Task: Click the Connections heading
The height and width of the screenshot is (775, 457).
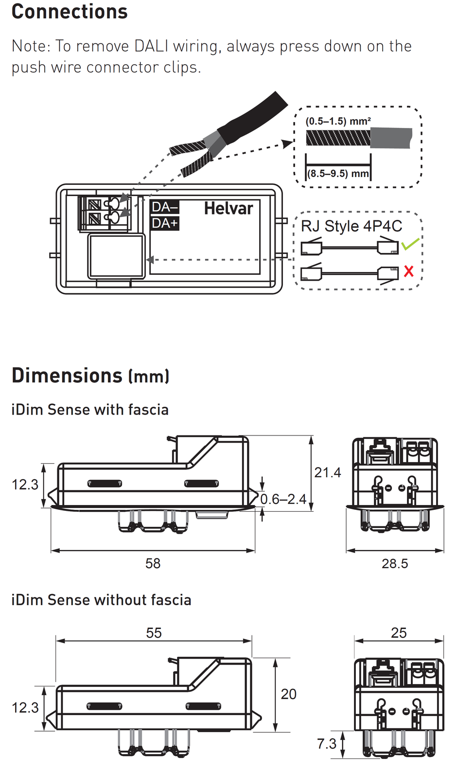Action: pyautogui.click(x=70, y=12)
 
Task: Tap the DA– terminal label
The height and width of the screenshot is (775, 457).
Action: pyautogui.click(x=165, y=207)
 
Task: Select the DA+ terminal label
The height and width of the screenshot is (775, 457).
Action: pyautogui.click(x=165, y=223)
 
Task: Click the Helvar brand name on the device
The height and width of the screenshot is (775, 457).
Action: pyautogui.click(x=228, y=209)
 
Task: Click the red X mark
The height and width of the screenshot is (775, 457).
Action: pyautogui.click(x=409, y=271)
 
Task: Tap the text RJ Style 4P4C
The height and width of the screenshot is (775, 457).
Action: pyautogui.click(x=352, y=226)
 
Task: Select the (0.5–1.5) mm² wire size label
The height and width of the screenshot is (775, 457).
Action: pyautogui.click(x=338, y=121)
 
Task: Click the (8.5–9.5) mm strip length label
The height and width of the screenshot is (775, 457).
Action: pyautogui.click(x=338, y=174)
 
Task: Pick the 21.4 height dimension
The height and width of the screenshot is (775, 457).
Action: pyautogui.click(x=327, y=472)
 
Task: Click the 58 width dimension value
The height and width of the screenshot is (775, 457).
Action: pyautogui.click(x=153, y=563)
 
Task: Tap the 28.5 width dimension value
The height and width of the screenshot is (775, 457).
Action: pyautogui.click(x=394, y=563)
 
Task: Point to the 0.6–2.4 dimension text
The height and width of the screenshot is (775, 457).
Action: pyautogui.click(x=283, y=499)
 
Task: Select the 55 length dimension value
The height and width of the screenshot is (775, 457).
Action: pyautogui.click(x=154, y=633)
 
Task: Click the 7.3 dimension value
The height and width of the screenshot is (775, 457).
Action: pyautogui.click(x=327, y=744)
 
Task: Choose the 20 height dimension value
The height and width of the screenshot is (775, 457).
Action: pyautogui.click(x=288, y=694)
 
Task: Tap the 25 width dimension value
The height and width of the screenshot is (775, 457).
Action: pyautogui.click(x=399, y=633)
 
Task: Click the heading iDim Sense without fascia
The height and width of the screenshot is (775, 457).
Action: pyautogui.click(x=101, y=600)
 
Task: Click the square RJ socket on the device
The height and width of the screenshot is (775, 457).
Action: pyautogui.click(x=116, y=256)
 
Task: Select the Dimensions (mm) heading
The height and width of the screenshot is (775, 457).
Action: pyautogui.click(x=90, y=376)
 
